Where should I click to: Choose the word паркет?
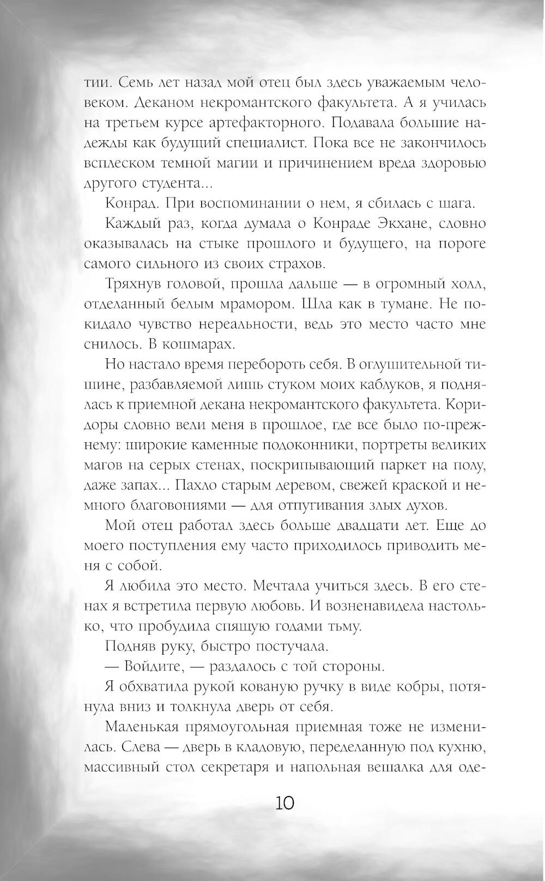(402, 466)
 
